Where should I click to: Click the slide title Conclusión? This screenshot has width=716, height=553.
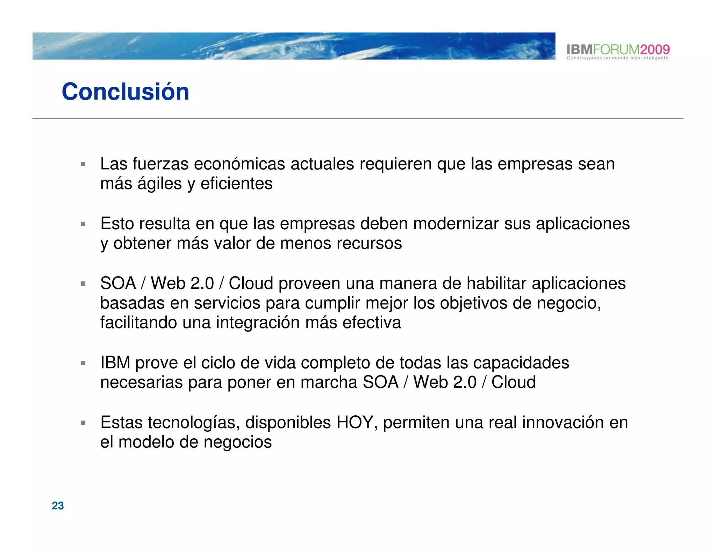tap(125, 92)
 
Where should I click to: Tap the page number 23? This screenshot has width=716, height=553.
tap(58, 505)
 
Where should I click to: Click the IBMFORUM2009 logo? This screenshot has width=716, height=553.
tap(618, 49)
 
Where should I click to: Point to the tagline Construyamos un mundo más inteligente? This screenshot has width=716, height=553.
tap(618, 58)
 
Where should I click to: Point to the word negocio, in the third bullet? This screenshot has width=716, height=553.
tap(569, 303)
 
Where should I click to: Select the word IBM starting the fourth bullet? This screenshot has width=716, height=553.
tap(115, 362)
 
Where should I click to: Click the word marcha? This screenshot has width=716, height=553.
tap(329, 382)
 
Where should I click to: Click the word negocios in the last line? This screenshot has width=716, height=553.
tap(237, 442)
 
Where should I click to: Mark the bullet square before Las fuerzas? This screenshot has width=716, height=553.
tap(83, 164)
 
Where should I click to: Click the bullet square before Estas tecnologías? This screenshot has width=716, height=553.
tap(83, 423)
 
